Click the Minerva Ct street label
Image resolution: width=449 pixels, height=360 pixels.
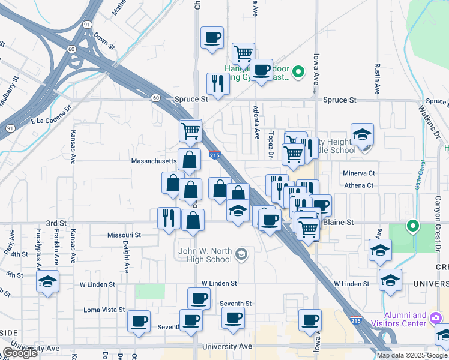pyautogui.click(x=359, y=173)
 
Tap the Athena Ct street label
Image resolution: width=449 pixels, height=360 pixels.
pyautogui.click(x=359, y=185)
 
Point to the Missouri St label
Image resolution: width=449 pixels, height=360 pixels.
pyautogui.click(x=124, y=235)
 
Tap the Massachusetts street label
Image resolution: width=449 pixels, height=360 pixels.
pyautogui.click(x=155, y=161)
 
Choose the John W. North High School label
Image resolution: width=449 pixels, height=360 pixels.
pyautogui.click(x=205, y=255)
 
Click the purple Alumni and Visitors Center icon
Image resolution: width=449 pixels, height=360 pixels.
pyautogui.click(x=436, y=319)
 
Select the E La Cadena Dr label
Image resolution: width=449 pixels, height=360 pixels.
pyautogui.click(x=51, y=121)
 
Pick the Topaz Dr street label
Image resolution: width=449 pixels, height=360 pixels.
pyautogui.click(x=271, y=144)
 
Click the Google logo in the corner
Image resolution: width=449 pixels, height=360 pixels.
pyautogui.click(x=20, y=353)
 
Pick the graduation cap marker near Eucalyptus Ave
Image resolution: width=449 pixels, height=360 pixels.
pyautogui.click(x=47, y=281)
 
